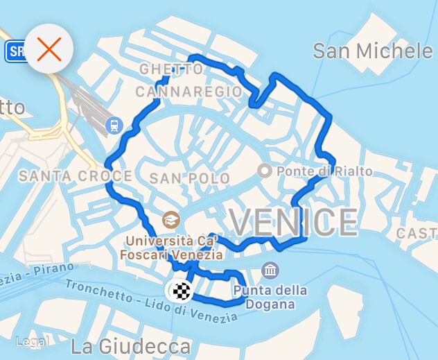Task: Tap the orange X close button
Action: point(49,49)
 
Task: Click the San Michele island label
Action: point(372,51)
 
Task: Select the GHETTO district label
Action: point(171,69)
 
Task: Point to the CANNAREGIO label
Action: point(189,92)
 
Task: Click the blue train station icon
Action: point(112,126)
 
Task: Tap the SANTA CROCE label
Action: point(75,176)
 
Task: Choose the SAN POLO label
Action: point(189,178)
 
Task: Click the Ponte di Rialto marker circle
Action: point(264,171)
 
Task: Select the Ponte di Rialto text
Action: point(324,171)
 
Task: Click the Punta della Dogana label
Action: point(270,297)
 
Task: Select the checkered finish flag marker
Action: point(182,291)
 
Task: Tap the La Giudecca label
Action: point(131,345)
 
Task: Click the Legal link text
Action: point(32,341)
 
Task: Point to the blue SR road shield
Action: point(14,51)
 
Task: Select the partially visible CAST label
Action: point(417,234)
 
